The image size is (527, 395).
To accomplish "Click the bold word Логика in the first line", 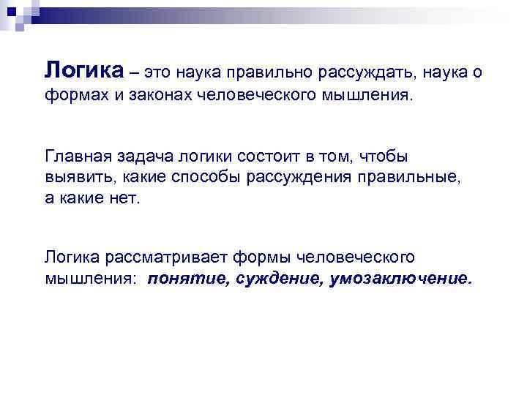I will [85, 71].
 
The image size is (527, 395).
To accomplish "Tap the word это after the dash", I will [160, 73].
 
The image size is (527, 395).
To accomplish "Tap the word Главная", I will [76, 157].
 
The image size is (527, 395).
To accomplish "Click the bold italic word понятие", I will [188, 278].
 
